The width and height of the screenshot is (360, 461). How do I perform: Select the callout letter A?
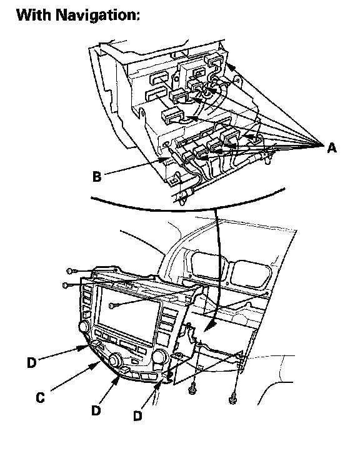pyautogui.click(x=332, y=147)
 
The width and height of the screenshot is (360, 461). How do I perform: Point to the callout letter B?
pyautogui.click(x=97, y=177)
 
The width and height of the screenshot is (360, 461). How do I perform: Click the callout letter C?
pyautogui.click(x=40, y=398)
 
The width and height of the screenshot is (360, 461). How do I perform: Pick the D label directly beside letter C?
pyautogui.click(x=32, y=362)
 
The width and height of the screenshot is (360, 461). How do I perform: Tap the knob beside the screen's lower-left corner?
pyautogui.click(x=84, y=327)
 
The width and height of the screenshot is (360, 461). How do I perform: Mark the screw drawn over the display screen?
pyautogui.click(x=112, y=306)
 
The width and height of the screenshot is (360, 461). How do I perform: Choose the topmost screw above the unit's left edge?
pyautogui.click(x=70, y=271)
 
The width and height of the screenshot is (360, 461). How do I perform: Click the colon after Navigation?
pyautogui.click(x=137, y=16)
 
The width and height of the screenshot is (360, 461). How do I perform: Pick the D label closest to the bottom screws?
pyautogui.click(x=137, y=416)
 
